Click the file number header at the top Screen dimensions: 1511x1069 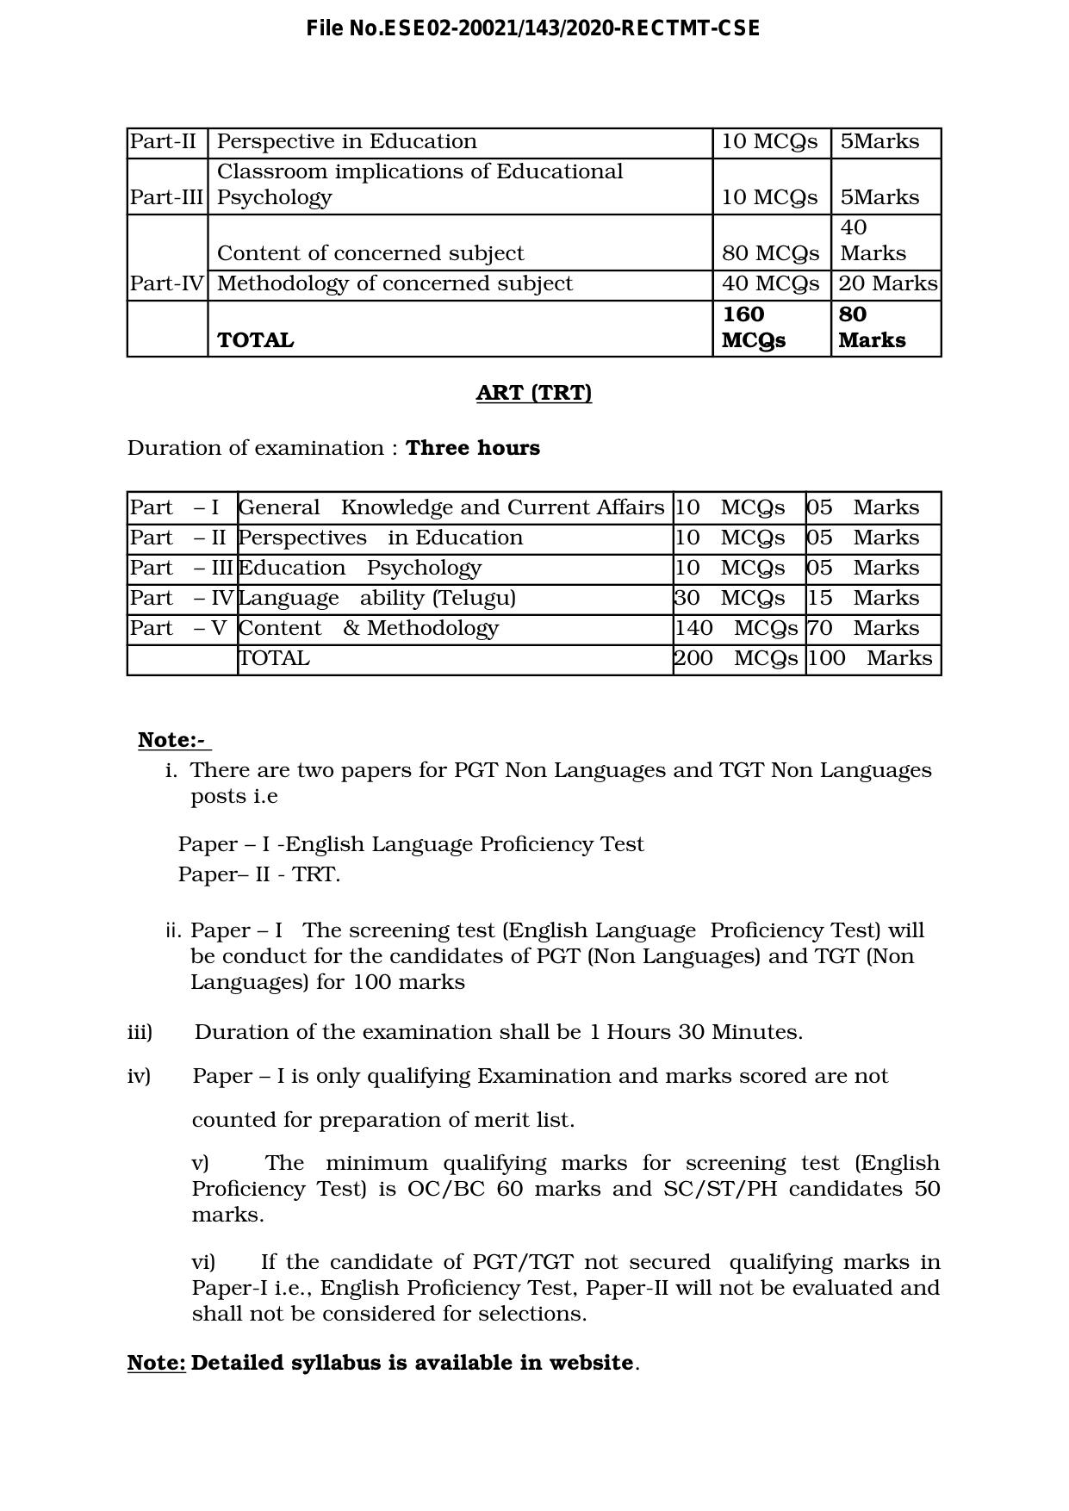coord(533,28)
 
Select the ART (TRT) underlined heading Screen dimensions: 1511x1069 coord(533,393)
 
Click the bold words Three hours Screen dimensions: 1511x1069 coord(472,448)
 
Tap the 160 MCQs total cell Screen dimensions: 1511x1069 coord(754,327)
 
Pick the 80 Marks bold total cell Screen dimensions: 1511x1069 coord(872,327)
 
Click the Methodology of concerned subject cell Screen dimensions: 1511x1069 coord(395,283)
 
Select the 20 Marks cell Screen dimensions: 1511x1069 coord(887,283)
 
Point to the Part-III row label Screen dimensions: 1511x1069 coord(166,197)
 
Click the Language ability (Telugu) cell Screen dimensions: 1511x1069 coord(376,598)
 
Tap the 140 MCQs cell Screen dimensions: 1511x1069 coord(736,628)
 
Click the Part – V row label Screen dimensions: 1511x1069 coord(178,628)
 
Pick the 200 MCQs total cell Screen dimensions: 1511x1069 coord(736,658)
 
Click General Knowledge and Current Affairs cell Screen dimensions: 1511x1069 coord(451,507)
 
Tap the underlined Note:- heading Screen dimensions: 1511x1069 coord(173,740)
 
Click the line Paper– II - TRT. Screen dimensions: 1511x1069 coord(258,874)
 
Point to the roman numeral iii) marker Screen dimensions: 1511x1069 coord(140,1032)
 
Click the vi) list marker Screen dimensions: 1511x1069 coord(203,1262)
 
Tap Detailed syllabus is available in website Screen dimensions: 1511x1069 coord(413,1363)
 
